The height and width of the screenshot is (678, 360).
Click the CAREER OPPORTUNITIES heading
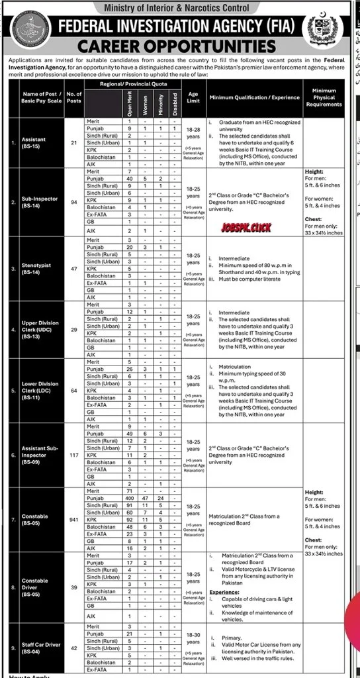coord(179,46)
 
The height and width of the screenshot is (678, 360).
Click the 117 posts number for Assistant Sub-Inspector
coord(74,456)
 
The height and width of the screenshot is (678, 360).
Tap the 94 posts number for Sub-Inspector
coord(74,201)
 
